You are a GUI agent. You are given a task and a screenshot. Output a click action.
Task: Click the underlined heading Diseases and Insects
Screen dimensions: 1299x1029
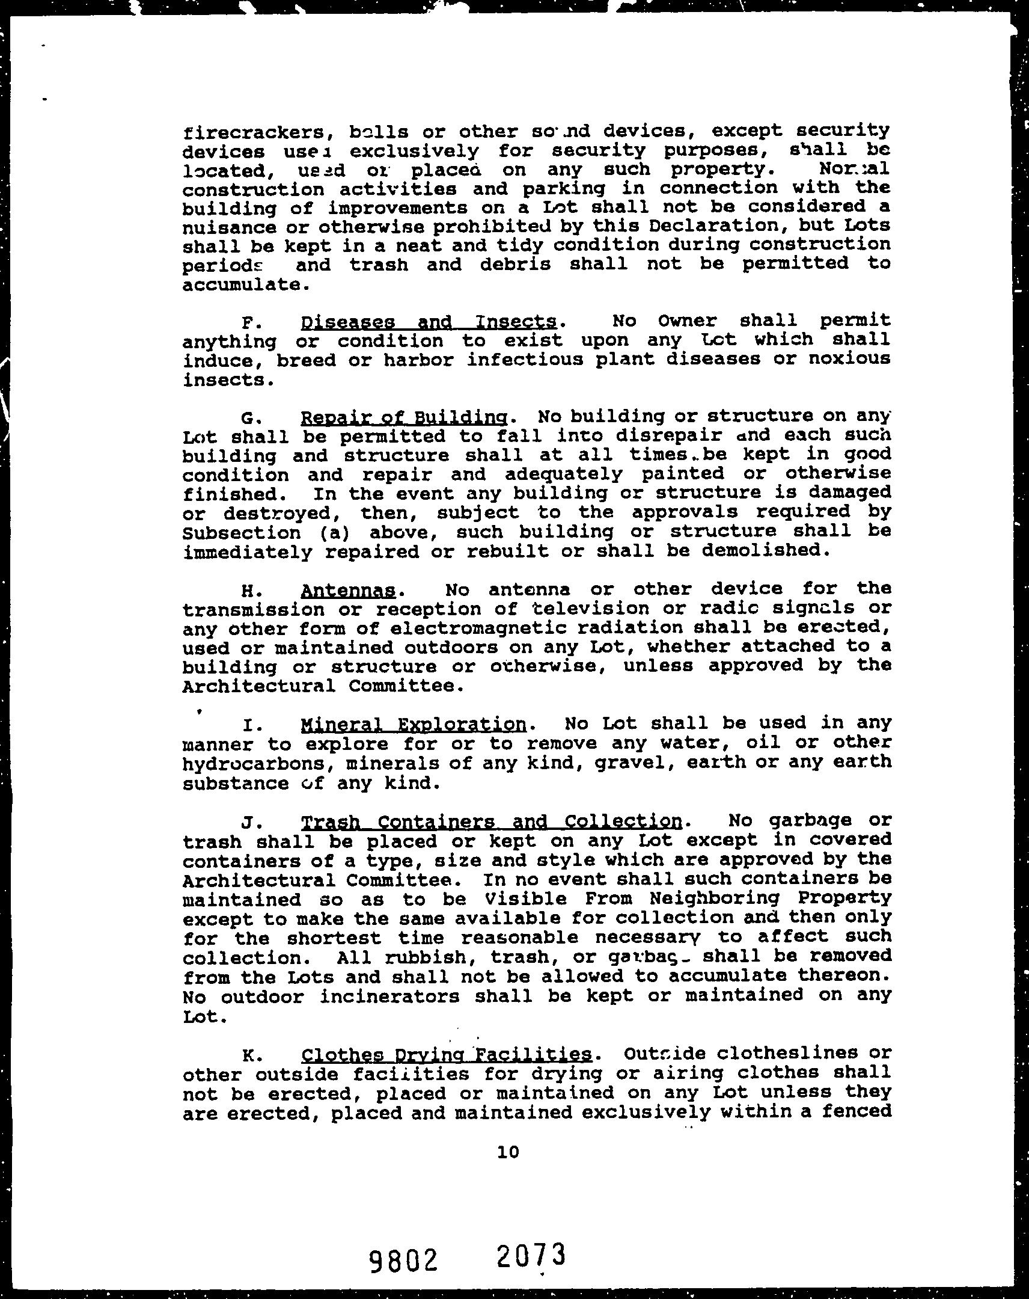click(428, 322)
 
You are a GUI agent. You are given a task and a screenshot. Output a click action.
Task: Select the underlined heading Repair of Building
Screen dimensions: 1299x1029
click(404, 417)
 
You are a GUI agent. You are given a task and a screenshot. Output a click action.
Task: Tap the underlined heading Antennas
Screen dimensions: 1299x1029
click(348, 590)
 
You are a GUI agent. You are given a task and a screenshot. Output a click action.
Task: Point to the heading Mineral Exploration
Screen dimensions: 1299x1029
click(413, 723)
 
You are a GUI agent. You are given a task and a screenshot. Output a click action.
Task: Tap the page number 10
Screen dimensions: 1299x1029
click(508, 1152)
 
